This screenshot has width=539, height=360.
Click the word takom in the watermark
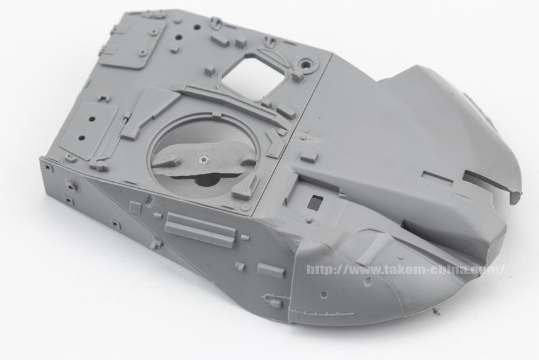tap(403, 270)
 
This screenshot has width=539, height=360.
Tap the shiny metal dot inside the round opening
tap(203, 159)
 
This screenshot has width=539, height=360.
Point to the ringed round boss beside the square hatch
tap(305, 63)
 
